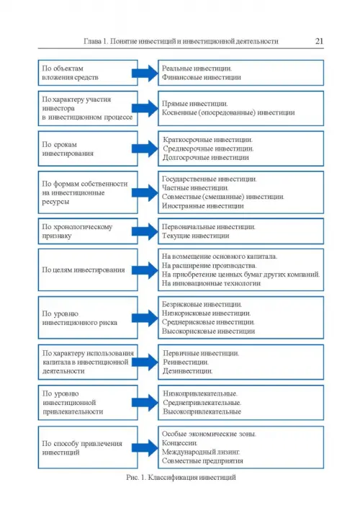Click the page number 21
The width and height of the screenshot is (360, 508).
pyautogui.click(x=319, y=41)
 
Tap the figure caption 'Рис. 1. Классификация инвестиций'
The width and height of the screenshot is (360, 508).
pyautogui.click(x=181, y=477)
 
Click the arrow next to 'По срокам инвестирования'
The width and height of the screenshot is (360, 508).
pyautogui.click(x=145, y=148)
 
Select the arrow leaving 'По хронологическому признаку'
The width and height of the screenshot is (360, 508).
pyautogui.click(x=145, y=231)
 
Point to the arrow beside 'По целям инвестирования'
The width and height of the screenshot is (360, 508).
pyautogui.click(x=145, y=270)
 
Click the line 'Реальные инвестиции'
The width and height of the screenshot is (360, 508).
pyautogui.click(x=197, y=68)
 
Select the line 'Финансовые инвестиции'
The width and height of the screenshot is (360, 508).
pyautogui.click(x=202, y=77)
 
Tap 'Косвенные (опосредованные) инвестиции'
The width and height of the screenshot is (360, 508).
pyautogui.click(x=228, y=112)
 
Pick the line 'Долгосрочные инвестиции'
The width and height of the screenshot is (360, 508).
pyautogui.click(x=206, y=158)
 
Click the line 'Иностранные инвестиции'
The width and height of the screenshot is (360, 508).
pyautogui.click(x=202, y=206)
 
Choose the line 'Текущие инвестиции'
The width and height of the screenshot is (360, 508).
pyautogui.click(x=195, y=236)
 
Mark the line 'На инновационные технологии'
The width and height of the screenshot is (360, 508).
pyautogui.click(x=211, y=283)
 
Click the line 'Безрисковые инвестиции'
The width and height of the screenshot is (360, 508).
pyautogui.click(x=202, y=305)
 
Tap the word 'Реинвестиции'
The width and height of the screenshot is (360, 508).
pyautogui.click(x=186, y=362)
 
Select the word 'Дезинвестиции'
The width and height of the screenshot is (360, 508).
pyautogui.click(x=187, y=371)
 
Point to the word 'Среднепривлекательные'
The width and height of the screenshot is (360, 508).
pyautogui.click(x=202, y=403)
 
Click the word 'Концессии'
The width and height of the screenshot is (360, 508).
pyautogui.click(x=179, y=443)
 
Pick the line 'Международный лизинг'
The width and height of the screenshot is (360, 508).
pyautogui.click(x=201, y=452)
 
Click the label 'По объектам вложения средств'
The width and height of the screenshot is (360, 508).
pyautogui.click(x=70, y=73)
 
